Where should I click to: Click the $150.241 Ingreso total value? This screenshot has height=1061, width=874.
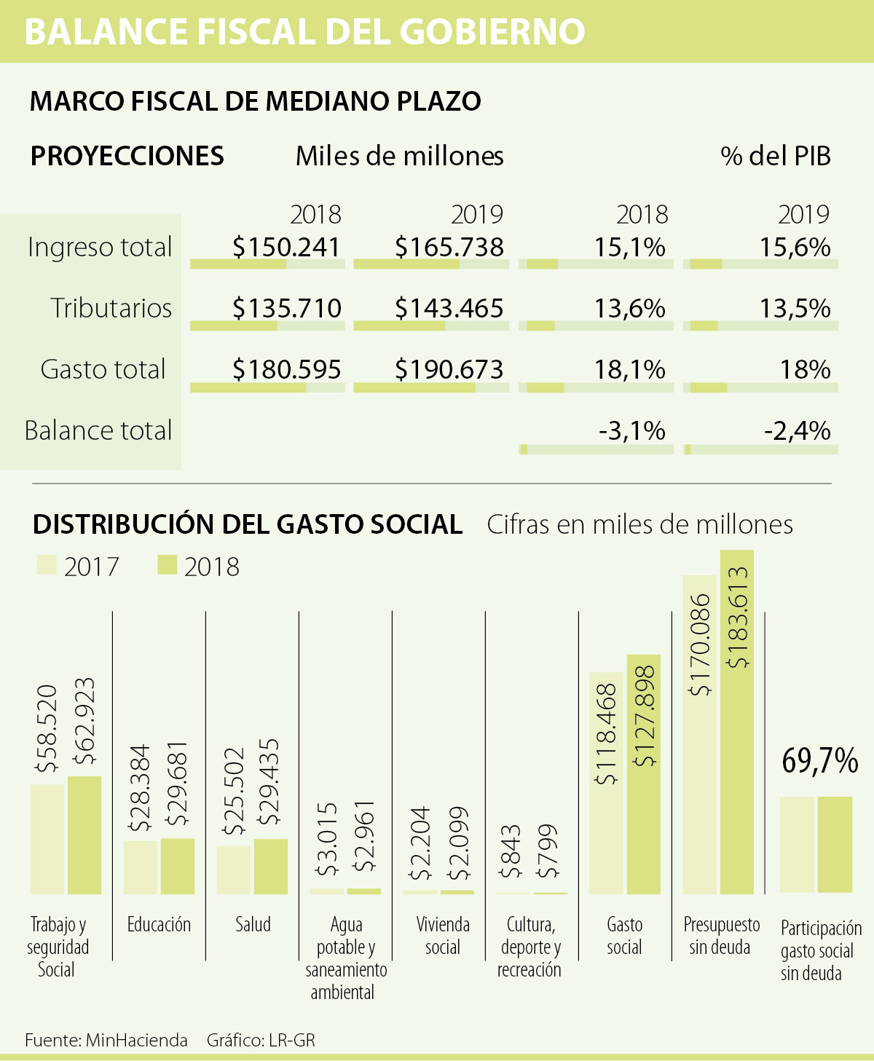[286, 247]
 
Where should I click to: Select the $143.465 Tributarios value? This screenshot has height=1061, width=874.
[449, 308]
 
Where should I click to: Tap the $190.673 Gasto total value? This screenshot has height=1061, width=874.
[449, 369]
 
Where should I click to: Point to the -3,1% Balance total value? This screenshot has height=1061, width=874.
[631, 430]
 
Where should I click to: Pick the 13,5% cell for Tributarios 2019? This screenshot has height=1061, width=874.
[795, 308]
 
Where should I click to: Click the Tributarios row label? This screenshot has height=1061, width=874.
[111, 308]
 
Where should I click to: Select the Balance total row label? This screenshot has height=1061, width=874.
[98, 430]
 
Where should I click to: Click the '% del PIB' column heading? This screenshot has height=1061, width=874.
[775, 156]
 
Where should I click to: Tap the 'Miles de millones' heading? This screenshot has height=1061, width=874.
[399, 156]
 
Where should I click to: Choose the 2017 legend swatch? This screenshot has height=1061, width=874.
[46, 565]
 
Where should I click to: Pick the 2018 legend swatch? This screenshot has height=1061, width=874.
[168, 565]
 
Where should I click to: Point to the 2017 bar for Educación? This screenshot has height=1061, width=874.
[141, 867]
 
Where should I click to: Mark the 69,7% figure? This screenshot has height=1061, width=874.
[819, 761]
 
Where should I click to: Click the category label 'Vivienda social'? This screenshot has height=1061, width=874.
[443, 936]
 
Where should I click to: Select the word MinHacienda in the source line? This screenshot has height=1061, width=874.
[136, 1040]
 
